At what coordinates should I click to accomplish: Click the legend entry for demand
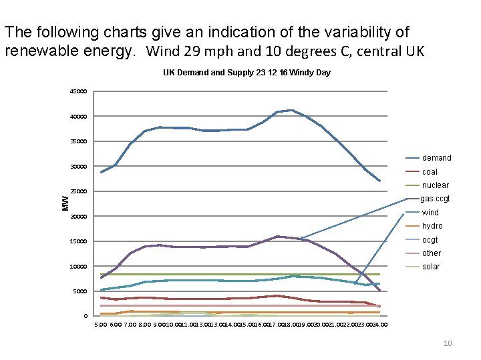coord(436,158)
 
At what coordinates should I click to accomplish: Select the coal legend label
coord(430,172)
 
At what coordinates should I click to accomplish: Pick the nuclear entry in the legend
coord(435,185)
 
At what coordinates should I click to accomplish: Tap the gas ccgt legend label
coord(435,199)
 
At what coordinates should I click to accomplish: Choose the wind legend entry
coord(430,213)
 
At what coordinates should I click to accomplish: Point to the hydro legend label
coord(432,226)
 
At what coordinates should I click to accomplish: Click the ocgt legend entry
coord(430,240)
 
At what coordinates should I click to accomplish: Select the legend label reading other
coord(431,253)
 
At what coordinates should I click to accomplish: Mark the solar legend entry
coord(431,267)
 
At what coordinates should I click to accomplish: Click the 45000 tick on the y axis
coord(78,91)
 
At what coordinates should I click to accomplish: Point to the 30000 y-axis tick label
coord(78,167)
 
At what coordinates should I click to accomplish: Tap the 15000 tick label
coord(78,241)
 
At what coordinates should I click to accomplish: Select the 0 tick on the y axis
coord(86,316)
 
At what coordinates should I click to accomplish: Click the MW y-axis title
coord(65,203)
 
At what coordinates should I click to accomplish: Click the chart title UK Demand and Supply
coord(247,72)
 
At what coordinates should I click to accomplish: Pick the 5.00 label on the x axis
coord(100,325)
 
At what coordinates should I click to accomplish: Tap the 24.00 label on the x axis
coord(379,325)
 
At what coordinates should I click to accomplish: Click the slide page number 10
coord(448,343)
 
